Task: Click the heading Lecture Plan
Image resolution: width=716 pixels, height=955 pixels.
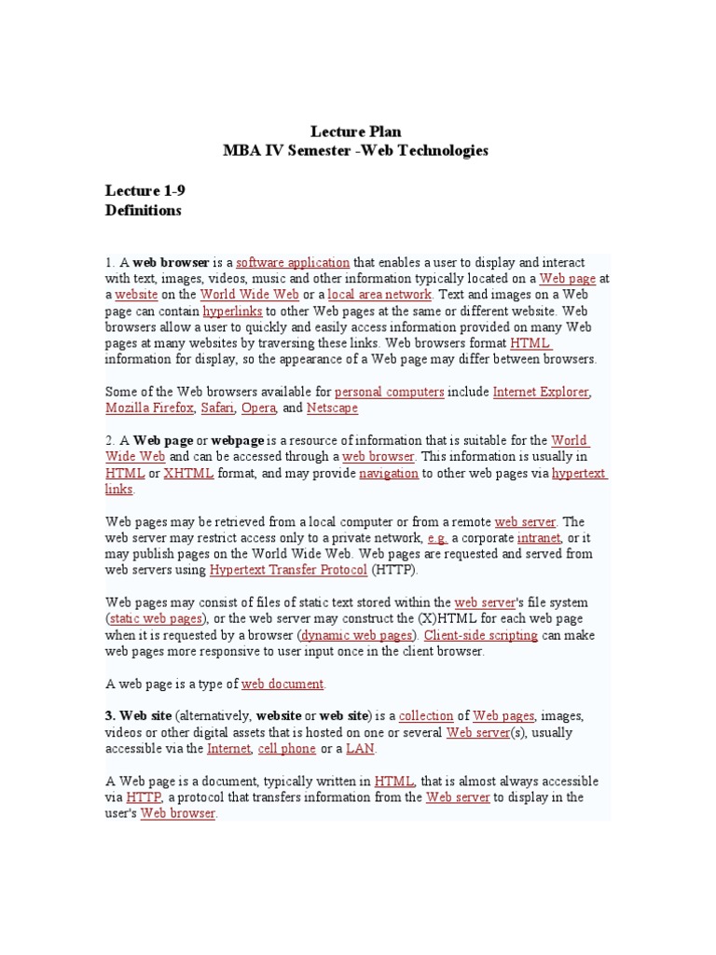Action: pos(355,132)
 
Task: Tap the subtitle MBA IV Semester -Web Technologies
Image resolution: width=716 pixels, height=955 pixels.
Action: pos(355,151)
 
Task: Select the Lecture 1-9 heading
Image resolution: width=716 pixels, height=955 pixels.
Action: pos(145,191)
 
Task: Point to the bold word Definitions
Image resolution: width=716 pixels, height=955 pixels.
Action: pos(143,211)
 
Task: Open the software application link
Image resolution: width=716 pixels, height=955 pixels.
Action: pos(293,263)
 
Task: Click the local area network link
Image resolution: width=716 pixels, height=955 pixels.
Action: pos(379,295)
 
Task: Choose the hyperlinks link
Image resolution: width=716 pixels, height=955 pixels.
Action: pos(232,311)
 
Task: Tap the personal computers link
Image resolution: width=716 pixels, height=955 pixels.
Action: pos(389,393)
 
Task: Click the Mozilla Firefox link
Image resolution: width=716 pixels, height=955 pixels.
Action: pos(149,408)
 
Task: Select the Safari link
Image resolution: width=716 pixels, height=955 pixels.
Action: pos(217,408)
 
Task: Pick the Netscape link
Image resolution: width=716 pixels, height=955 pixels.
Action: pos(332,408)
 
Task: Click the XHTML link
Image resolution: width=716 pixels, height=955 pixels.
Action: pos(188,474)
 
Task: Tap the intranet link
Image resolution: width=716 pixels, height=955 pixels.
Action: pos(539,539)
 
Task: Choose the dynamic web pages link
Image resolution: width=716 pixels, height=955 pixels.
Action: pos(355,636)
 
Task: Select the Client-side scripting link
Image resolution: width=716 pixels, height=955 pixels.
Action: pos(480,636)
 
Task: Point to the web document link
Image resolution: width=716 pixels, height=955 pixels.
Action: pos(282,685)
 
